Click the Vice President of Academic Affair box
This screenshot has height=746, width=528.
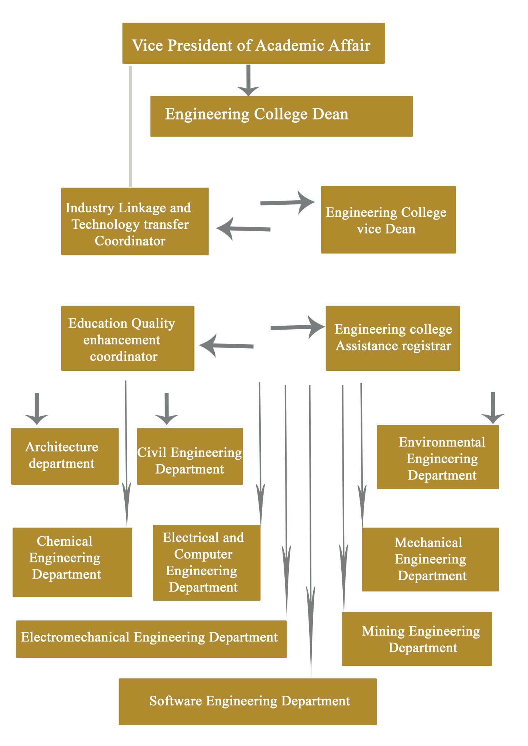pos(253,43)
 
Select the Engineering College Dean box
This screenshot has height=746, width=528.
pos(281,116)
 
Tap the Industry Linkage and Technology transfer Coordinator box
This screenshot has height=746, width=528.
pos(135,221)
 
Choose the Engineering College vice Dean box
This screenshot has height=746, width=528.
pos(388,220)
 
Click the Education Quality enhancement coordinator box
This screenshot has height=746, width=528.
pos(128,338)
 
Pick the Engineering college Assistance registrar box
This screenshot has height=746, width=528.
pos(392,338)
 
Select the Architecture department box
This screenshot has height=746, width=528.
pos(65,456)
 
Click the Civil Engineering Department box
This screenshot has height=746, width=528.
pos(190,456)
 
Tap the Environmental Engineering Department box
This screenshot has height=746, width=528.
pos(438,457)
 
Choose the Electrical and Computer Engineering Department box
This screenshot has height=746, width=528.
pos(206,563)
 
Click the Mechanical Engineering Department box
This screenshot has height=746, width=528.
pos(430,559)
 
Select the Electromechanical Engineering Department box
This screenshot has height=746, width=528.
pos(151,639)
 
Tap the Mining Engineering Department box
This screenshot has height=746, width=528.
pos(416,639)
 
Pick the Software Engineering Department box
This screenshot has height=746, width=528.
pos(248,702)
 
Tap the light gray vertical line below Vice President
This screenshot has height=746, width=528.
pos(131,126)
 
